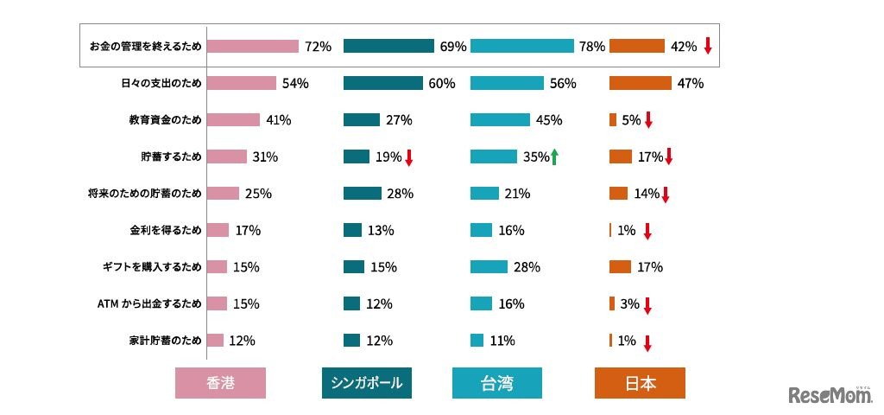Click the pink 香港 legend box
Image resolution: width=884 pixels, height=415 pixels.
220,383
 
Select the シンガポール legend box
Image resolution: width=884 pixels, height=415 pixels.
367,383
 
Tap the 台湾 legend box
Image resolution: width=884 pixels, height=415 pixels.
497,383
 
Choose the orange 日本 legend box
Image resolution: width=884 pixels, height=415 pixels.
640,383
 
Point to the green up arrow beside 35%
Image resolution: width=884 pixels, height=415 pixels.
554,156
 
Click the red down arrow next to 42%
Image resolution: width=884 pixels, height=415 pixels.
707,47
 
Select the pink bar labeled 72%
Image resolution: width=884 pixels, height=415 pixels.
253,47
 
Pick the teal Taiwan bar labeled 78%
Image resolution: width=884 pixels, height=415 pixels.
522,47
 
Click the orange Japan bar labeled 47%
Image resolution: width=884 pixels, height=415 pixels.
640,83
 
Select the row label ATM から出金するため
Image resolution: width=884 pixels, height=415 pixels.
151,303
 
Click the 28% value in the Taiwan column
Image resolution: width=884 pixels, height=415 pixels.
527,267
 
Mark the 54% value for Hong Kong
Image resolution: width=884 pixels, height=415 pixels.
295,84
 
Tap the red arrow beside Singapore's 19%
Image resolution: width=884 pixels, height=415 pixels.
409,157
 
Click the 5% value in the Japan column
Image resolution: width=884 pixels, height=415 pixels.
631,120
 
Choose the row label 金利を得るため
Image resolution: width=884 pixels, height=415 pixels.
165,230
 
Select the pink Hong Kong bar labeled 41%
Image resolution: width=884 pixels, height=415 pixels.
233,120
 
